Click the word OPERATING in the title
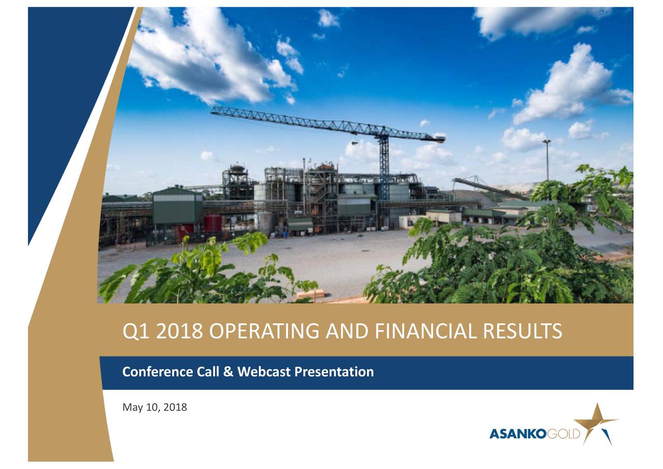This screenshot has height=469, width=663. tap(264, 331)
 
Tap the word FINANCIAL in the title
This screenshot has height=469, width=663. tap(426, 331)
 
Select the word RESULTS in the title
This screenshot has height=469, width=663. tap(523, 331)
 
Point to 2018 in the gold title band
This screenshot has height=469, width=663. tap(179, 331)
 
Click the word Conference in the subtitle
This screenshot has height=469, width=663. tap(157, 372)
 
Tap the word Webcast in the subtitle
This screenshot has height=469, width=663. tap(264, 372)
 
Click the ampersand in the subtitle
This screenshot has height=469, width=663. tap(228, 372)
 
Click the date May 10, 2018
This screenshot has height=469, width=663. tap(154, 407)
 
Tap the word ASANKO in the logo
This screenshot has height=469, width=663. tap(518, 434)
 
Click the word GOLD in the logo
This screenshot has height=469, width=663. tap(564, 434)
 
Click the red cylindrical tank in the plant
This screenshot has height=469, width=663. tap(213, 223)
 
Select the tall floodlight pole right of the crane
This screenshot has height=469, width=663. tap(547, 160)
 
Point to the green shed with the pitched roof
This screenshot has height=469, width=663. tap(177, 205)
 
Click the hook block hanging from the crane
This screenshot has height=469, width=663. tap(354, 144)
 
